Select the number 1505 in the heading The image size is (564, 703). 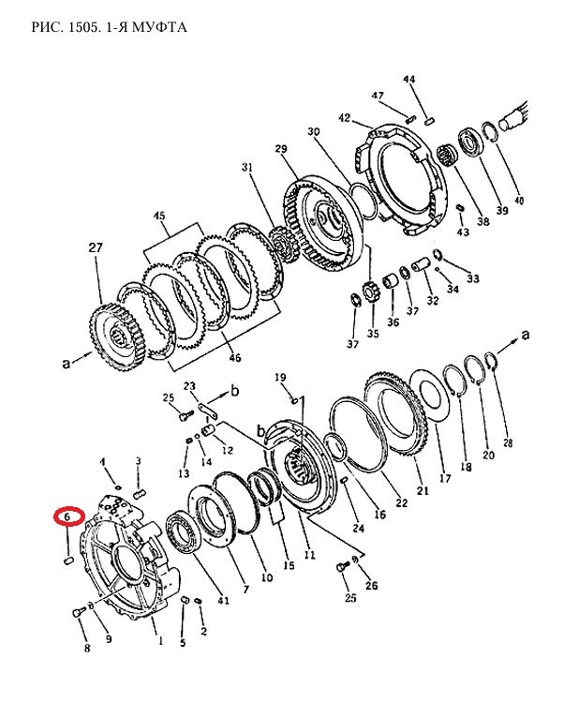82,27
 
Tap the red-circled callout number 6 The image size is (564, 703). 68,516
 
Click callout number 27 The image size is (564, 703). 96,247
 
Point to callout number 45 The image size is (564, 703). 159,216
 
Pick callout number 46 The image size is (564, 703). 235,357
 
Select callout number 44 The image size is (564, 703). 409,80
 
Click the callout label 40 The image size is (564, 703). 519,200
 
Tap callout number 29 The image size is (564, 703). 281,149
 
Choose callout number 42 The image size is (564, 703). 344,118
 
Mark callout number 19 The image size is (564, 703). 280,378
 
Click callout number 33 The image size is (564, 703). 473,278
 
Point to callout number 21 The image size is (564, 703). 423,490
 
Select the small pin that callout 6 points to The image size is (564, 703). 68,561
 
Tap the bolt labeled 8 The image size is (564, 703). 79,612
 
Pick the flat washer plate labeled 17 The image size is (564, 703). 431,395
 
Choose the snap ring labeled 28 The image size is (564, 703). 492,362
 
